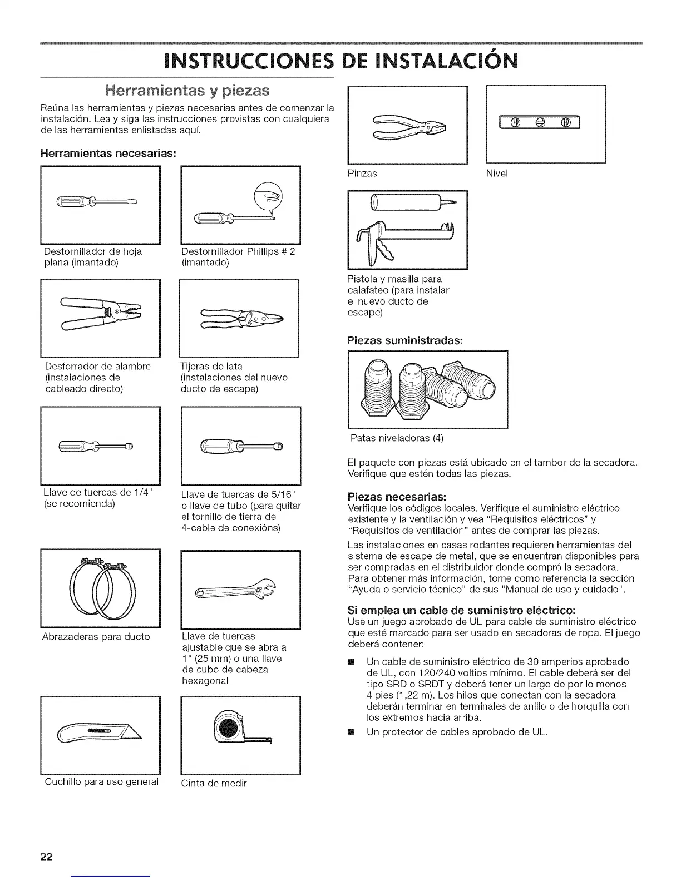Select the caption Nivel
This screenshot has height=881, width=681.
497,174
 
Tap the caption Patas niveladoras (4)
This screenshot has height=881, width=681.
397,438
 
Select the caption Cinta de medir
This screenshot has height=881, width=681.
214,783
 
